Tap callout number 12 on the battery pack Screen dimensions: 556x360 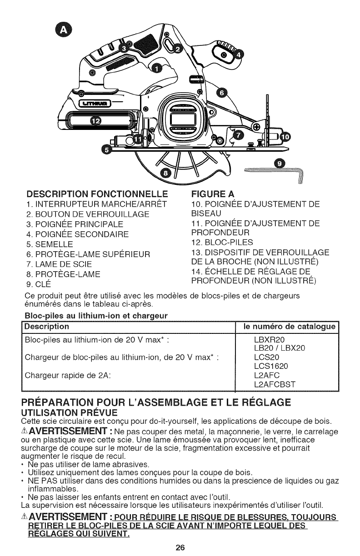pyautogui.click(x=96, y=121)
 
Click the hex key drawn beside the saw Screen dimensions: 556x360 pyautogui.click(x=277, y=172)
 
